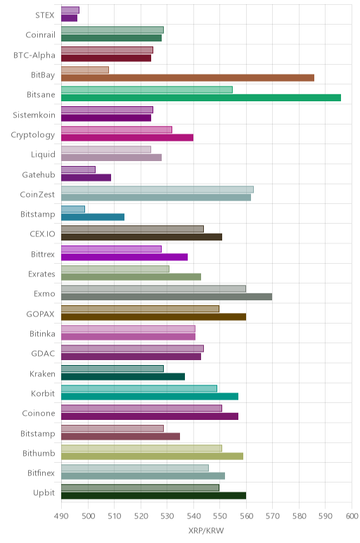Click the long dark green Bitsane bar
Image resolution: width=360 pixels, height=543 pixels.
(x=201, y=98)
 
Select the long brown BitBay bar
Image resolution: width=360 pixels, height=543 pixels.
(x=188, y=78)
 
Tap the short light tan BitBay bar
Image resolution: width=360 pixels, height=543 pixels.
(x=85, y=70)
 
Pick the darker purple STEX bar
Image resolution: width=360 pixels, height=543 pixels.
(x=69, y=18)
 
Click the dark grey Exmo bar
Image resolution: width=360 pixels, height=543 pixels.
(x=167, y=297)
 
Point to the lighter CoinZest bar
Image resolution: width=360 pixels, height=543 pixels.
(x=157, y=189)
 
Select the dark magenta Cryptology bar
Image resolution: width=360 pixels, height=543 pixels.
(x=127, y=137)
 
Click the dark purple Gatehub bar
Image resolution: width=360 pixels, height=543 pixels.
(x=86, y=178)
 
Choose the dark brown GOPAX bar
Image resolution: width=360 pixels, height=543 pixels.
(x=154, y=317)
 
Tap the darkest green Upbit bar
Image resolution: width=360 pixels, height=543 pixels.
(x=154, y=496)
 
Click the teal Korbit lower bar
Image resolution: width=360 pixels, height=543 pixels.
(x=150, y=397)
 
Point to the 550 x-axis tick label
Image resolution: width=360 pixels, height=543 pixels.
(x=219, y=516)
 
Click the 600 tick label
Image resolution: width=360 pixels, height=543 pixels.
(x=352, y=516)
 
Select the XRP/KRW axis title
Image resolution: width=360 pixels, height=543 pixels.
(x=206, y=530)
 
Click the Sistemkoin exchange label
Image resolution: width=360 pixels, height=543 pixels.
(x=34, y=115)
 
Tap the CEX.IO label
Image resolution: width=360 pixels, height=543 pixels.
(x=42, y=234)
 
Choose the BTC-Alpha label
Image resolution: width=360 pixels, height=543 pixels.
(x=34, y=56)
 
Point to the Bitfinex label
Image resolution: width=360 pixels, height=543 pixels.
(x=41, y=473)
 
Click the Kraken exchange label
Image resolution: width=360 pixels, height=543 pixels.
(x=42, y=374)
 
